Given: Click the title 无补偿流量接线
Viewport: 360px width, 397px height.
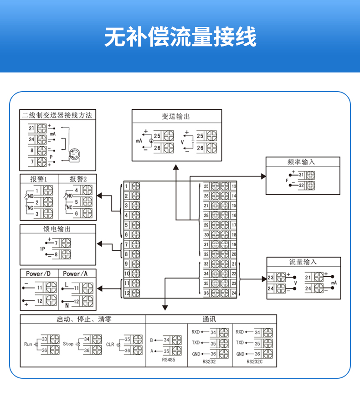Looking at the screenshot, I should click(180, 36).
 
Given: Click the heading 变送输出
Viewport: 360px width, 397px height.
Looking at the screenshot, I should click(175, 116).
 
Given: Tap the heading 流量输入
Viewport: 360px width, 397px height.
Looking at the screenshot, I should click(303, 262).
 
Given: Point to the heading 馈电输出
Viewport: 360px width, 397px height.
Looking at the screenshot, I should click(57, 229).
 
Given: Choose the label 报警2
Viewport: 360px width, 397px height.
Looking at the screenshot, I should click(77, 179).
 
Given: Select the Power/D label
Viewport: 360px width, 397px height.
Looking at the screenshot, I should click(39, 274).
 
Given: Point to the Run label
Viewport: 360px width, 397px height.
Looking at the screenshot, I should click(28, 344).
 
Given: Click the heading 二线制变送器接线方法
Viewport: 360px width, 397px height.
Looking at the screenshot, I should click(57, 115).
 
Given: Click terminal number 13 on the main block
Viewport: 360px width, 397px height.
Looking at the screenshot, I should click(234, 186).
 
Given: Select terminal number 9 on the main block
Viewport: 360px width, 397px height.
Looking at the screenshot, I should click(127, 264).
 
